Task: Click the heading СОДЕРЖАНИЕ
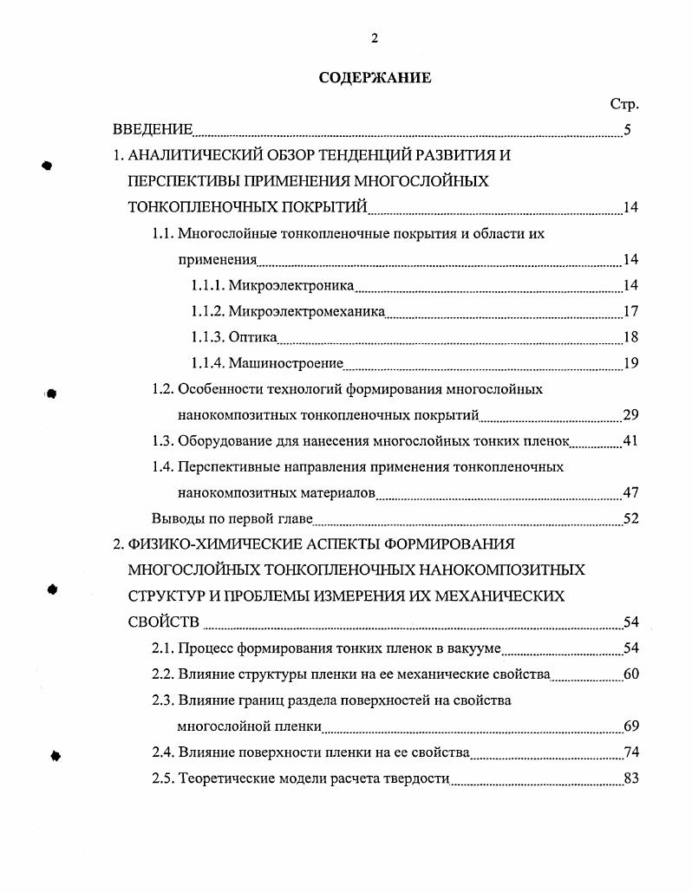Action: point(375,78)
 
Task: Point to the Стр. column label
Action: point(624,104)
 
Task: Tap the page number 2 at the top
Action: point(375,37)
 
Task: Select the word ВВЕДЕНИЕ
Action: point(153,130)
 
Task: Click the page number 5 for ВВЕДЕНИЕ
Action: point(627,130)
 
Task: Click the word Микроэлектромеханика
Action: point(307,311)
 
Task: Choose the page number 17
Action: point(630,311)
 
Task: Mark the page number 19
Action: point(630,363)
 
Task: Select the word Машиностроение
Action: point(286,363)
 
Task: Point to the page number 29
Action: point(630,415)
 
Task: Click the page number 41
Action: point(630,441)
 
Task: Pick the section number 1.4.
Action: point(162,467)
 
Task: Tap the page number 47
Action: point(630,493)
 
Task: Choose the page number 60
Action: point(630,674)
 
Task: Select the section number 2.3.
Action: point(162,700)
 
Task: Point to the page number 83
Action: point(630,778)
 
